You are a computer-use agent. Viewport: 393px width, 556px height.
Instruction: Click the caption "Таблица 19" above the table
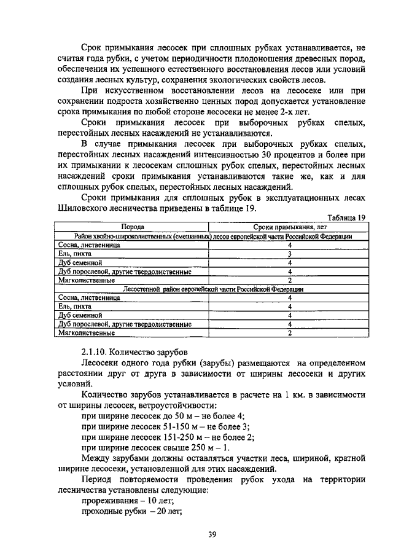[346, 217]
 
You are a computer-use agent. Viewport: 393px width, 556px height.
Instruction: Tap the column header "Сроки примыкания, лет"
[289, 227]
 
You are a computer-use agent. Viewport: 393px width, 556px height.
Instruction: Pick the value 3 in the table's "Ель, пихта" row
[289, 253]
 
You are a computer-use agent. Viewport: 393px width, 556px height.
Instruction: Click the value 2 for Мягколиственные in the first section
[289, 280]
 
